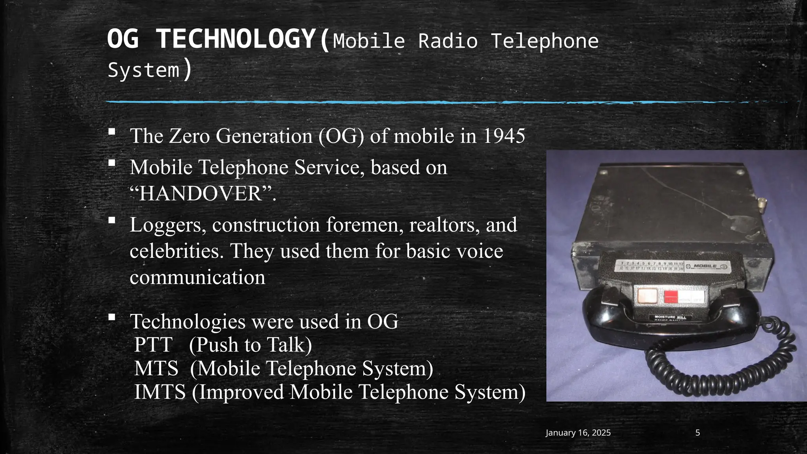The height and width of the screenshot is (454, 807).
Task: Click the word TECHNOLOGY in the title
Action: (x=236, y=39)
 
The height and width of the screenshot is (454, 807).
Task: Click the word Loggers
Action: (x=167, y=225)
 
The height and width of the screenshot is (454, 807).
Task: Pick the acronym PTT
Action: (x=153, y=345)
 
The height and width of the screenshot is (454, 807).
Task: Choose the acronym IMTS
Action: (x=160, y=392)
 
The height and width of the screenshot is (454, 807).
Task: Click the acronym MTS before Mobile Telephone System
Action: (x=156, y=368)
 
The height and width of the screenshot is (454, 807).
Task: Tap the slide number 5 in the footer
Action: (x=697, y=433)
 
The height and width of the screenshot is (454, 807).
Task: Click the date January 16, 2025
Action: (x=578, y=433)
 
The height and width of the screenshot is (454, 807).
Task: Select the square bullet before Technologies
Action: (x=112, y=317)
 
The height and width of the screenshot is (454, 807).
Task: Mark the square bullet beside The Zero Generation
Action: (x=112, y=131)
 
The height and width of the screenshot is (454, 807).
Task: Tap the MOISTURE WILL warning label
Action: (x=670, y=317)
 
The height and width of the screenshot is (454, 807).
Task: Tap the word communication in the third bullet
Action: (x=197, y=277)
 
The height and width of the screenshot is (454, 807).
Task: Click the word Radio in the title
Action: (x=448, y=41)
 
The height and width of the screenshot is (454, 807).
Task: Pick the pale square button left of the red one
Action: (x=647, y=296)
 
